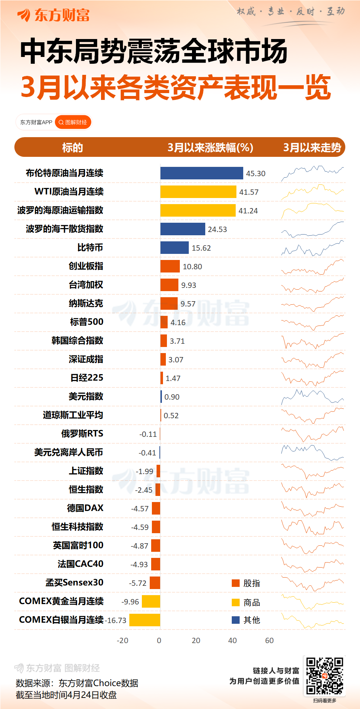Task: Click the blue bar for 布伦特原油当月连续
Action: pos(202,173)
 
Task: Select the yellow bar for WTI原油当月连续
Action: pos(198,192)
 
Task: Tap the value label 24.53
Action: pos(217,230)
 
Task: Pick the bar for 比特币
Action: pos(174,248)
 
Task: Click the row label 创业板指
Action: pos(86,266)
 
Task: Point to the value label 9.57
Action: pos(188,304)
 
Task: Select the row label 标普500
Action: pos(87,322)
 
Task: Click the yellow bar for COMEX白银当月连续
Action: pos(145,620)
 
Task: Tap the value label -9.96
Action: pos(130,602)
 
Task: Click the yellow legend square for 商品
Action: pos(236,602)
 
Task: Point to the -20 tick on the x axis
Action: pos(123,641)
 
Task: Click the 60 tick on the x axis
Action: pos(269,641)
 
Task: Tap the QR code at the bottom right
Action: pos(325,676)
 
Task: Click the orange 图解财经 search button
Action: pos(73,122)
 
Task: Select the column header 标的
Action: pos(72,148)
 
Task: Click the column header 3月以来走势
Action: pos(312,148)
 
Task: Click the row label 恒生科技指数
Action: pos(77,527)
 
